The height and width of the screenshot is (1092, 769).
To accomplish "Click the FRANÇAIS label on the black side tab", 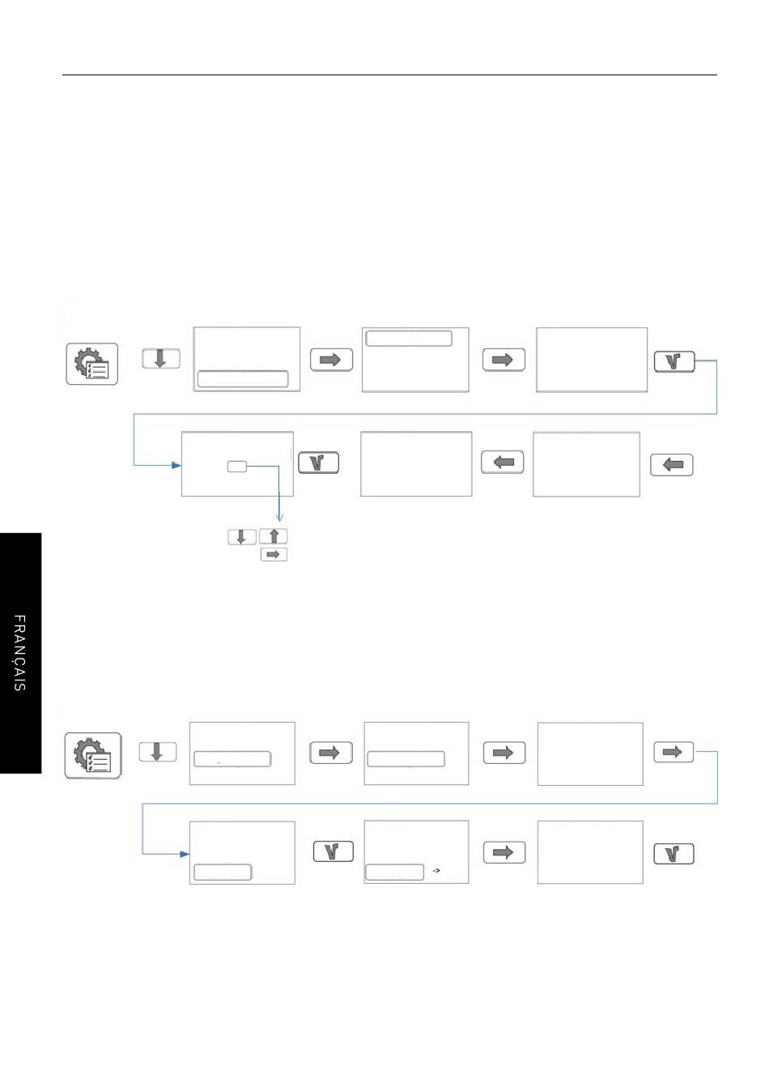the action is (x=19, y=653).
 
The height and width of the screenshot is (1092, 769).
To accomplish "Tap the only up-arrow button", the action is (x=274, y=536).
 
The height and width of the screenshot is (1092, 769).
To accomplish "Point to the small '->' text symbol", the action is (x=436, y=870).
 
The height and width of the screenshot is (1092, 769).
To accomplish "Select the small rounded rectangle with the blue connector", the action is (x=237, y=467).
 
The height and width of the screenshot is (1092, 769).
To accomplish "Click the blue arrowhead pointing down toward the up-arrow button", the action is (x=279, y=517).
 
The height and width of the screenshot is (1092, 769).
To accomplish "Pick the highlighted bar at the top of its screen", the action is (x=409, y=339).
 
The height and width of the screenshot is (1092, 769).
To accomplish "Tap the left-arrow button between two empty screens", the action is (x=502, y=462).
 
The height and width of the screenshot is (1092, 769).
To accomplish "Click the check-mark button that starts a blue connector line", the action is (x=674, y=361).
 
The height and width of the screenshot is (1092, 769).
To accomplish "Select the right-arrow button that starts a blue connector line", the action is (x=673, y=753).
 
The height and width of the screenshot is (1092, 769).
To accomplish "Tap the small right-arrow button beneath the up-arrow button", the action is (x=274, y=554).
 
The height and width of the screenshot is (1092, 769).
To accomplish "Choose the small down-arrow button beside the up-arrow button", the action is (x=242, y=537).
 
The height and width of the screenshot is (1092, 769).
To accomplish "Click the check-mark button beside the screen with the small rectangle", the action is (x=318, y=463).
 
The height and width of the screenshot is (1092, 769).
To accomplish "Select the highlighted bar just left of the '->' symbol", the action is (x=394, y=872).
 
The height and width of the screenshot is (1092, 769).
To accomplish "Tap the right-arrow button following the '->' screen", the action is (x=504, y=852).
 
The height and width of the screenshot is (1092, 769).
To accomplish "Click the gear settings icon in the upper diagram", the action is (x=92, y=364).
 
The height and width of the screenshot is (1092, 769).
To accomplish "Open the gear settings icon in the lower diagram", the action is (x=93, y=755).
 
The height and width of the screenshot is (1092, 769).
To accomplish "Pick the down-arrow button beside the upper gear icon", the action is (x=161, y=358).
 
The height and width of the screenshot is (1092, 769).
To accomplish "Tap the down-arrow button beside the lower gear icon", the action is (x=158, y=752).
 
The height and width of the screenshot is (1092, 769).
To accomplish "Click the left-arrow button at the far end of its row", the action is (x=672, y=465).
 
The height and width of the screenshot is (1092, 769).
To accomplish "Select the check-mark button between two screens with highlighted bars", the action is (x=334, y=851).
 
